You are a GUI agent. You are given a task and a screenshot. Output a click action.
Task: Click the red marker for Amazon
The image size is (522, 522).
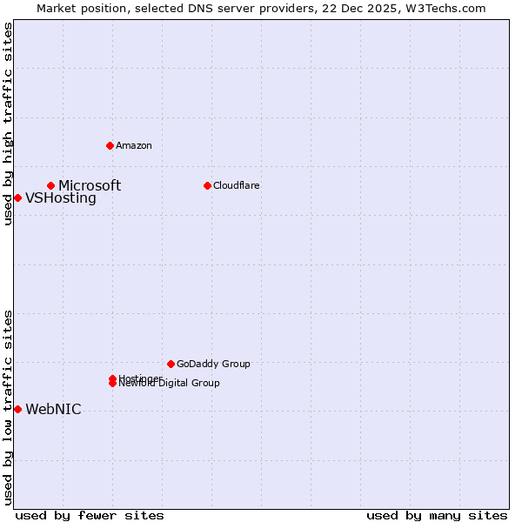pyautogui.click(x=110, y=145)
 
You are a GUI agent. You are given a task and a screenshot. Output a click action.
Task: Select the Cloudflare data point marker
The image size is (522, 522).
pyautogui.click(x=207, y=185)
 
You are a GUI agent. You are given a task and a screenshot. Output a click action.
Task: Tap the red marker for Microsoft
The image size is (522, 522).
pyautogui.click(x=51, y=185)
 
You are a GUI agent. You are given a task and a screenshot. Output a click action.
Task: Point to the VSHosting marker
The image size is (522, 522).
pyautogui.click(x=17, y=197)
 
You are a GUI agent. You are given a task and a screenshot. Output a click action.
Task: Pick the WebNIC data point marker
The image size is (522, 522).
pyautogui.click(x=17, y=409)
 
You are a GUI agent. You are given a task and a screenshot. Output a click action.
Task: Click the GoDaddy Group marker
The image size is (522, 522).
pyautogui.click(x=171, y=364)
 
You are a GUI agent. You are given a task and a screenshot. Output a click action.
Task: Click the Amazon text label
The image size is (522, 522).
pyautogui.click(x=134, y=145)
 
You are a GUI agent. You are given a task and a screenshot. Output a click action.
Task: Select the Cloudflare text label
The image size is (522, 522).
pyautogui.click(x=237, y=185)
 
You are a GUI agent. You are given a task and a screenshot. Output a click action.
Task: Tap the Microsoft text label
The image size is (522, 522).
pyautogui.click(x=90, y=185)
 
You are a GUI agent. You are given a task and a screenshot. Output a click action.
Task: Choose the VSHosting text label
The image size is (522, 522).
pyautogui.click(x=61, y=197)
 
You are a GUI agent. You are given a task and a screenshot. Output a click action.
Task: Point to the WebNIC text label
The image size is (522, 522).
pyautogui.click(x=53, y=410)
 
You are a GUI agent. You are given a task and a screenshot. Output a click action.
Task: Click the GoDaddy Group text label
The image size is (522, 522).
pyautogui.click(x=213, y=364)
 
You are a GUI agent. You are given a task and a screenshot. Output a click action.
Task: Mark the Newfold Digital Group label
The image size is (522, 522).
pyautogui.click(x=171, y=384)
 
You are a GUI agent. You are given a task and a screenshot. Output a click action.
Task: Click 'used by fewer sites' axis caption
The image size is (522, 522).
pyautogui.click(x=90, y=515)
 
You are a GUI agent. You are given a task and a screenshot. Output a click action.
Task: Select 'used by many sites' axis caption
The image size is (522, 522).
pyautogui.click(x=437, y=515)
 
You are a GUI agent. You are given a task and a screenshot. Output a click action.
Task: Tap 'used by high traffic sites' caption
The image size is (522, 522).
pyautogui.click(x=8, y=124)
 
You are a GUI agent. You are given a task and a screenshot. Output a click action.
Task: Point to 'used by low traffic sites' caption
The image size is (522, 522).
pyautogui.click(x=8, y=406)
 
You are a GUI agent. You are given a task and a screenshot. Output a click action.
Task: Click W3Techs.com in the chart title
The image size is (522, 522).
pyautogui.click(x=445, y=9)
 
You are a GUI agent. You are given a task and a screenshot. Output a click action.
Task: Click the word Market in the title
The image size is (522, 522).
pyautogui.click(x=57, y=9)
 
